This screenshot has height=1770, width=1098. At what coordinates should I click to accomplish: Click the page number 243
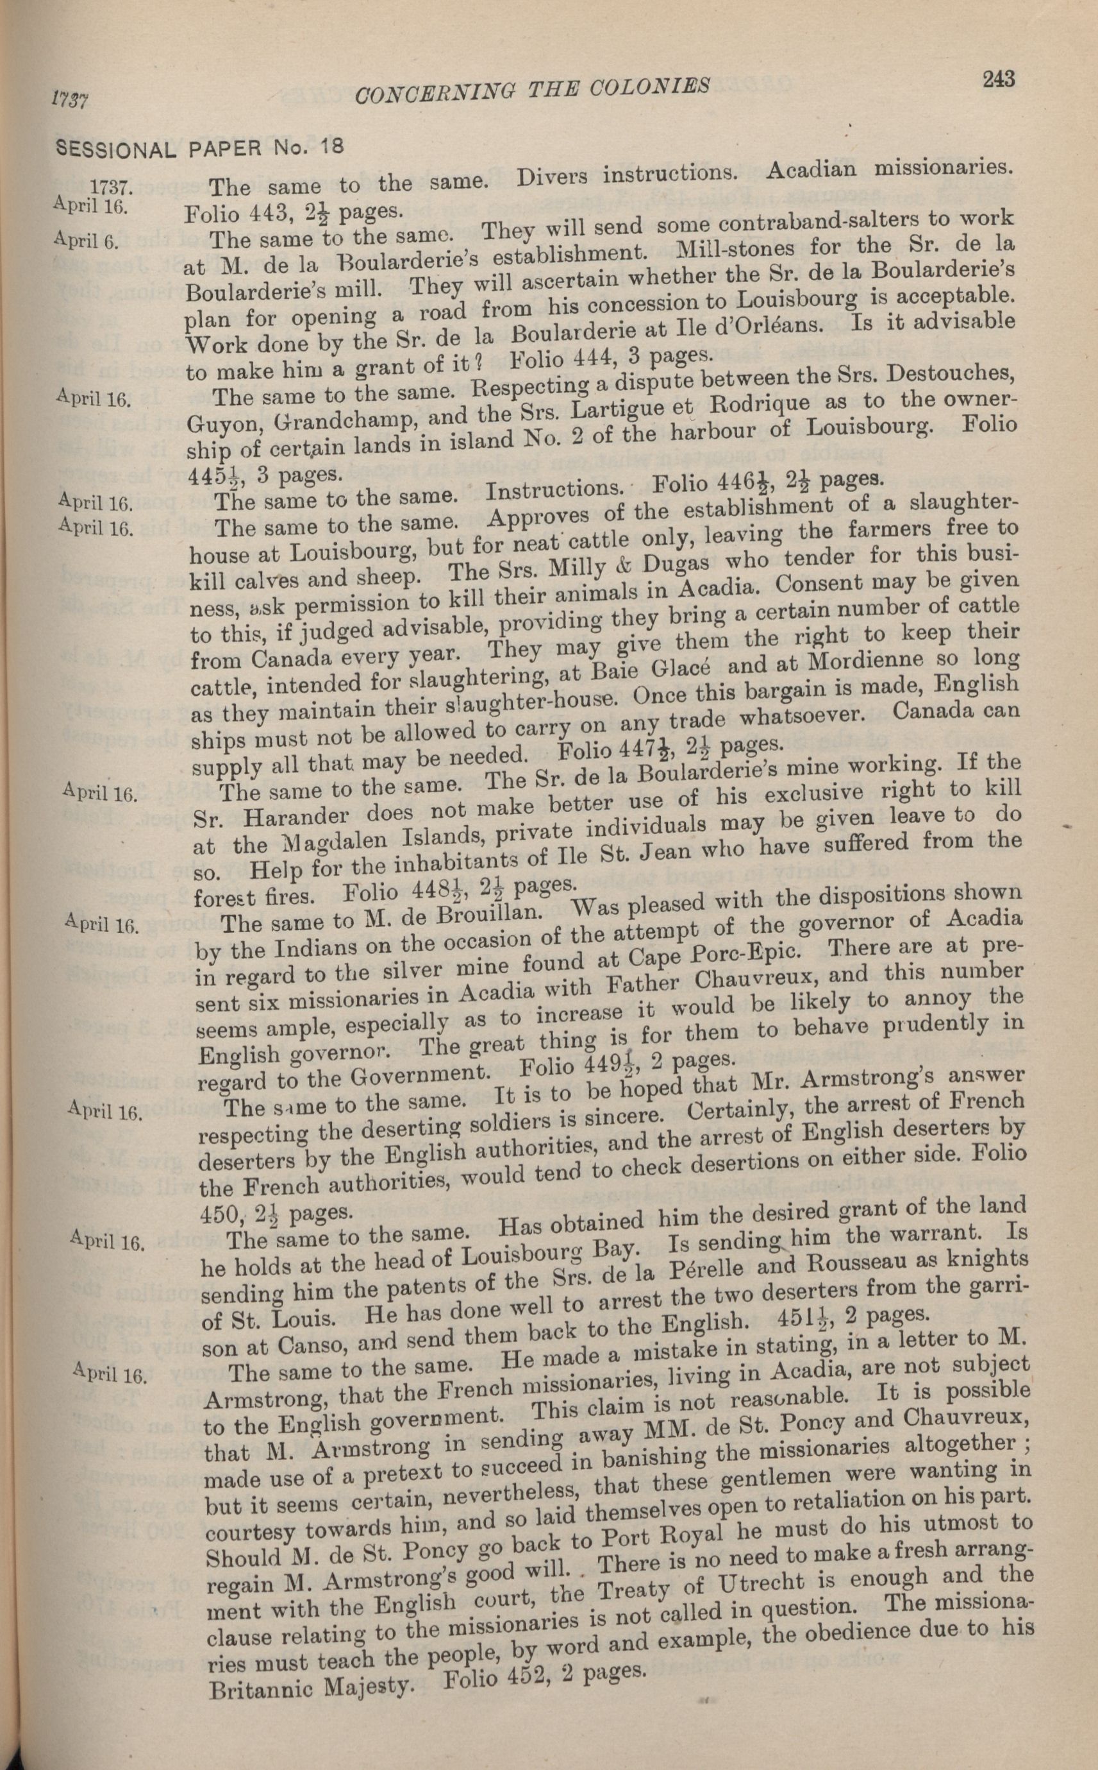(999, 78)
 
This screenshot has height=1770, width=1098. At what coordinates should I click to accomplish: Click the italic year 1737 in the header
(70, 100)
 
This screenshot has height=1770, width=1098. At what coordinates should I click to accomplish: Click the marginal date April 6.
(86, 241)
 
